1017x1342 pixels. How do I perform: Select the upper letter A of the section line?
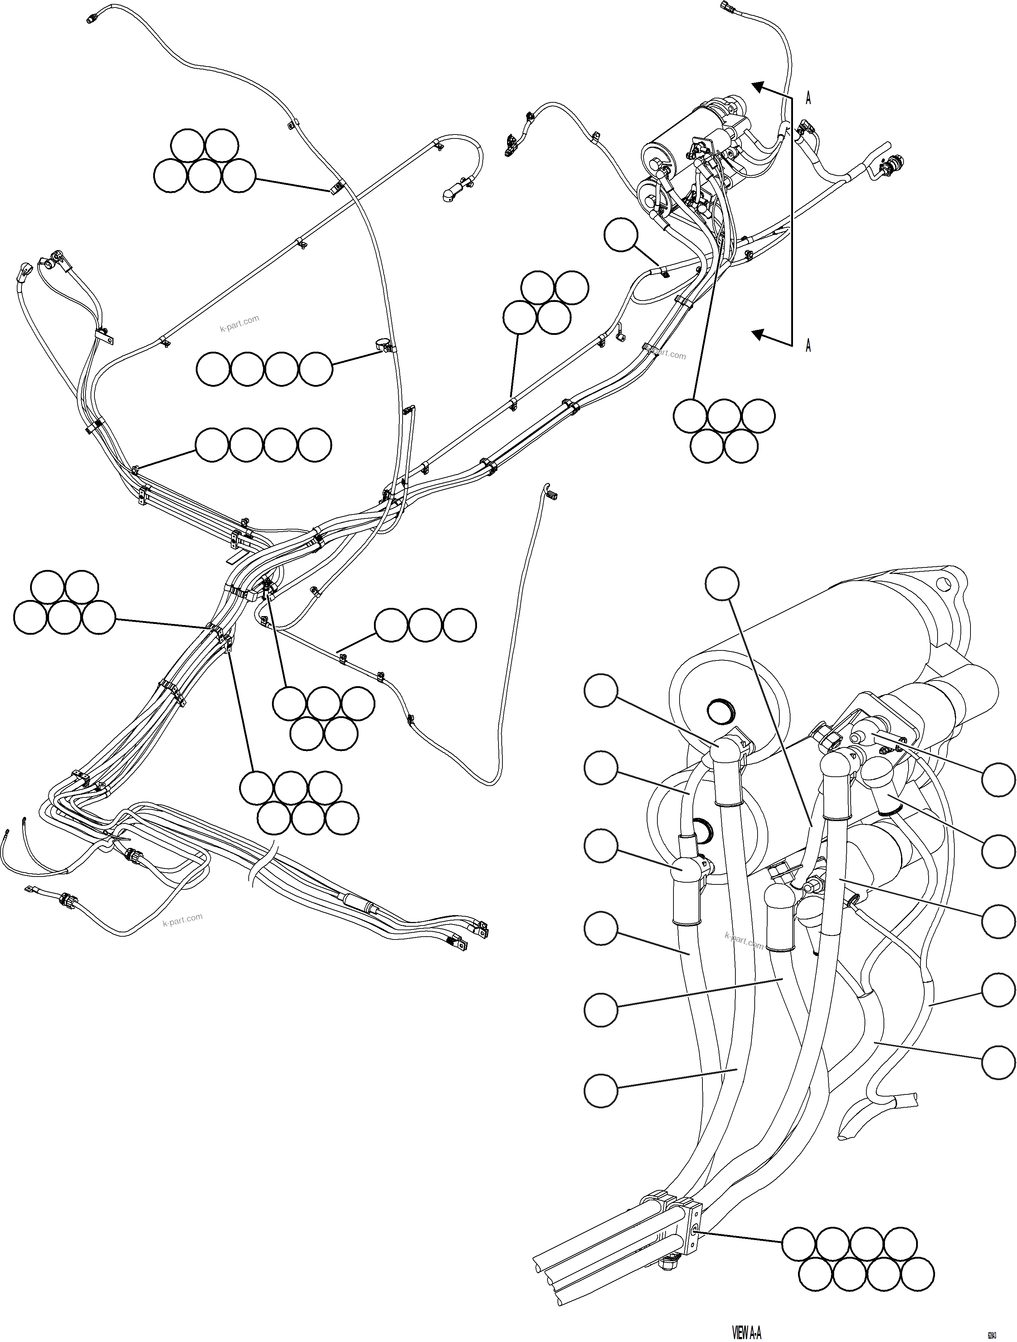click(x=808, y=98)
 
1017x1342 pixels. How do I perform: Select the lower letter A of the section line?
click(x=808, y=346)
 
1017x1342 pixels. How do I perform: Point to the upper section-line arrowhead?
click(x=757, y=87)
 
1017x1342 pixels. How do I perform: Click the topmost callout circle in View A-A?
click(x=722, y=584)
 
